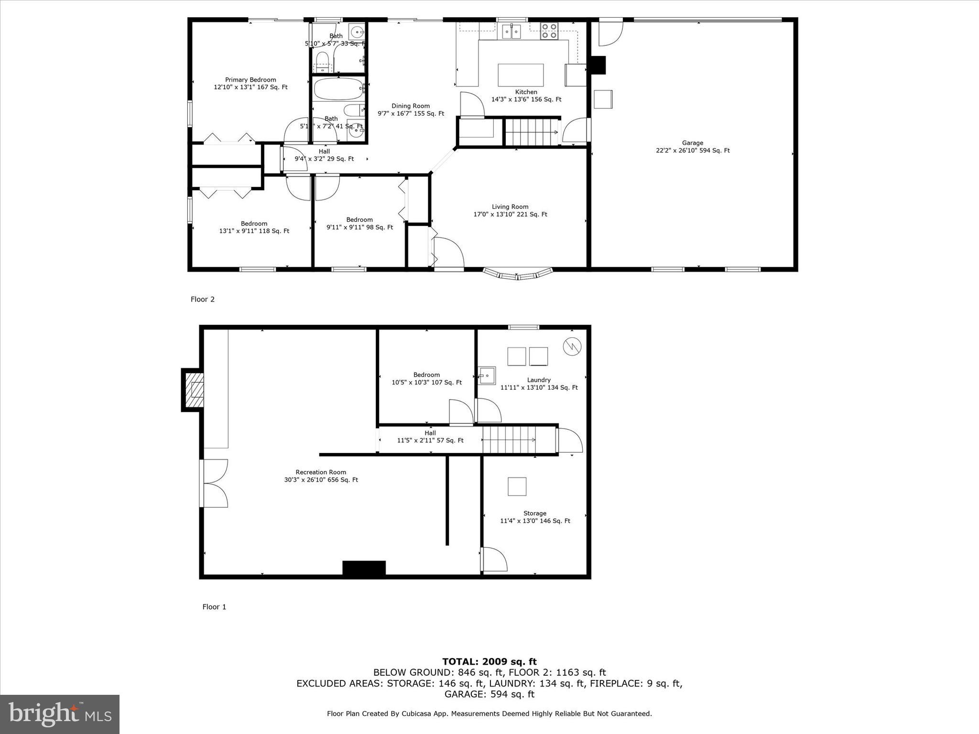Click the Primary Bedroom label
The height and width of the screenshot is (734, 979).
[250, 80]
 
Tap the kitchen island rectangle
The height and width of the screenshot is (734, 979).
[521, 75]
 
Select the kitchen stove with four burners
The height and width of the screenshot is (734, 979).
[549, 31]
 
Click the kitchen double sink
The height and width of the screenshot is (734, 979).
[511, 32]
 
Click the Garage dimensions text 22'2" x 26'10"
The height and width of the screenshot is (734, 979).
[692, 151]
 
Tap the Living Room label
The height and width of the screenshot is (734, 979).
[510, 207]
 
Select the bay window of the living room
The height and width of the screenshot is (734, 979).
[518, 274]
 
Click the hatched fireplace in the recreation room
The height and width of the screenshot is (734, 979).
[196, 389]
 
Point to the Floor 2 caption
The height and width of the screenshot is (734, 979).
[203, 299]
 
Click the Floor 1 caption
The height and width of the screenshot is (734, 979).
[214, 607]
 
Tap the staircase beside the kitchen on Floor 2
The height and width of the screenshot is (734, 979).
[532, 132]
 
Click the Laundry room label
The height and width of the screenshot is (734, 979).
[539, 380]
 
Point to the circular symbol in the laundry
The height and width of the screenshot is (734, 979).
[572, 346]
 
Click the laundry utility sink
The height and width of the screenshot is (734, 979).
[487, 376]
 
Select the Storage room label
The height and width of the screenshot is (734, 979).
[534, 513]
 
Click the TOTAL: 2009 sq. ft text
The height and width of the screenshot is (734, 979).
[489, 661]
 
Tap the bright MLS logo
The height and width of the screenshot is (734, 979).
[60, 714]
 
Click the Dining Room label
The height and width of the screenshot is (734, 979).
[411, 106]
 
